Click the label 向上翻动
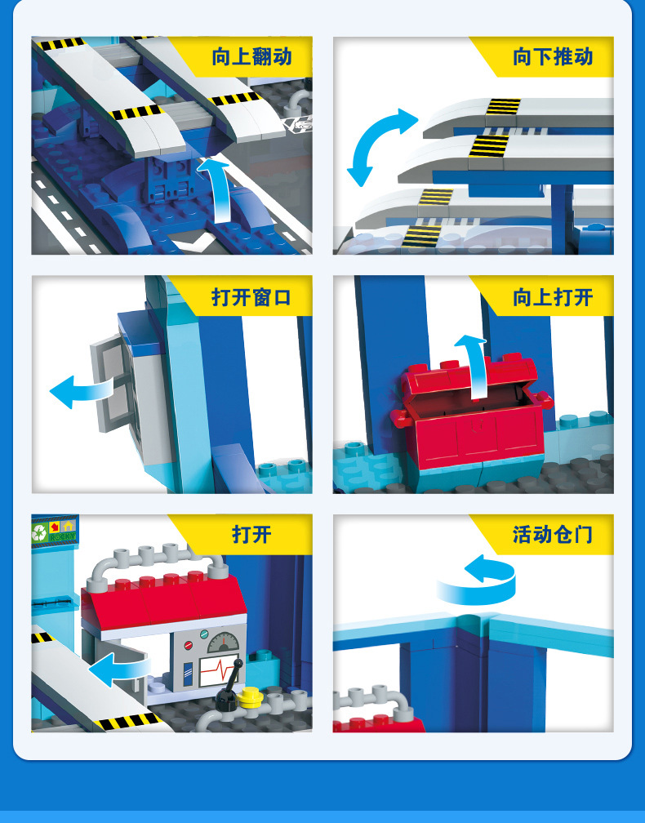[x=251, y=56]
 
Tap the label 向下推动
[x=553, y=56]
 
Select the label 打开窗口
[x=251, y=297]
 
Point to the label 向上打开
[x=553, y=297]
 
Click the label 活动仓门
[x=553, y=535]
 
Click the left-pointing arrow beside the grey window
[x=82, y=392]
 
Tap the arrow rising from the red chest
[x=476, y=367]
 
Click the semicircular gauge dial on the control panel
[x=223, y=643]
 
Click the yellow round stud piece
[x=250, y=697]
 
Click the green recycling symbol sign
[x=39, y=532]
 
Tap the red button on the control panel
[x=188, y=646]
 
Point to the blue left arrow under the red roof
[x=119, y=670]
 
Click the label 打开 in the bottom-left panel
[x=251, y=535]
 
